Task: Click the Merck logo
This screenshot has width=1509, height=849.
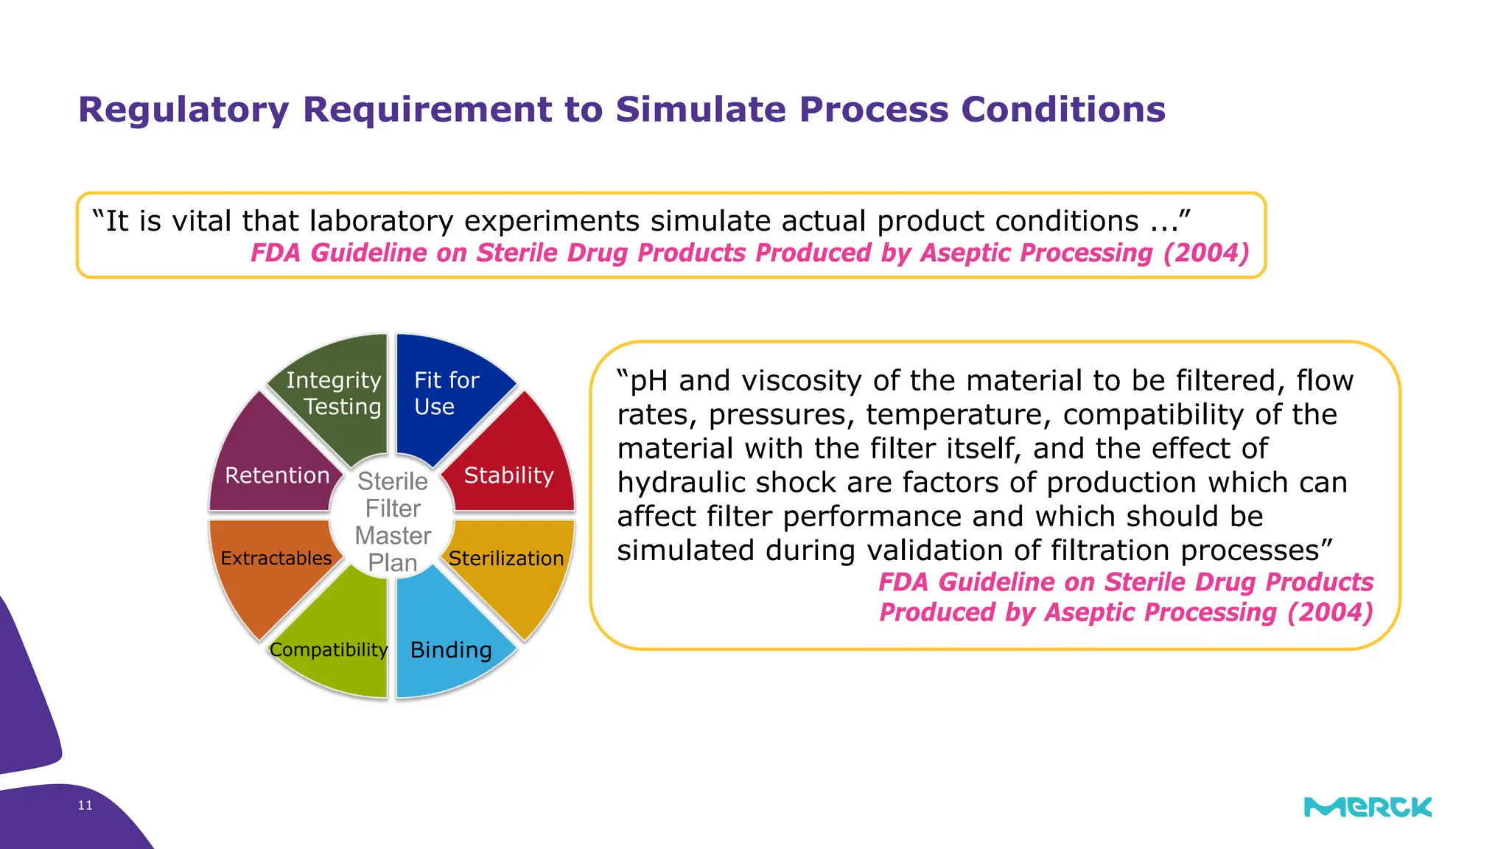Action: point(1368,807)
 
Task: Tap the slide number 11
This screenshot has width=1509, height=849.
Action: point(85,806)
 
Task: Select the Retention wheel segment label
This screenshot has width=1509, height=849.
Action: point(277,475)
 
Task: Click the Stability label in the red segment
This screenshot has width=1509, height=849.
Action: point(508,475)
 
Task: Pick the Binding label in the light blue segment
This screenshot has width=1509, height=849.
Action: point(451,650)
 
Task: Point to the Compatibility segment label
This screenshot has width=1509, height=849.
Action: point(329,650)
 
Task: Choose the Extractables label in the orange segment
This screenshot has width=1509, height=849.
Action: point(276,559)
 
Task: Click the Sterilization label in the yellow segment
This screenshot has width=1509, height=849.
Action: point(506,559)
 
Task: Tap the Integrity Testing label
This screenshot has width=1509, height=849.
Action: point(334,393)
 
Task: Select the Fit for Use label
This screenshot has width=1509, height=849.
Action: point(446,393)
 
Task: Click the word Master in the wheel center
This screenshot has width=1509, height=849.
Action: point(393,536)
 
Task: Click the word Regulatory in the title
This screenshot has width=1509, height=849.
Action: point(184,111)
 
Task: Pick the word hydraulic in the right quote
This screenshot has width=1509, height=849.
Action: point(681,483)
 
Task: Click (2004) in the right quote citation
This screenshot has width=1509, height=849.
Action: point(1330,612)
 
